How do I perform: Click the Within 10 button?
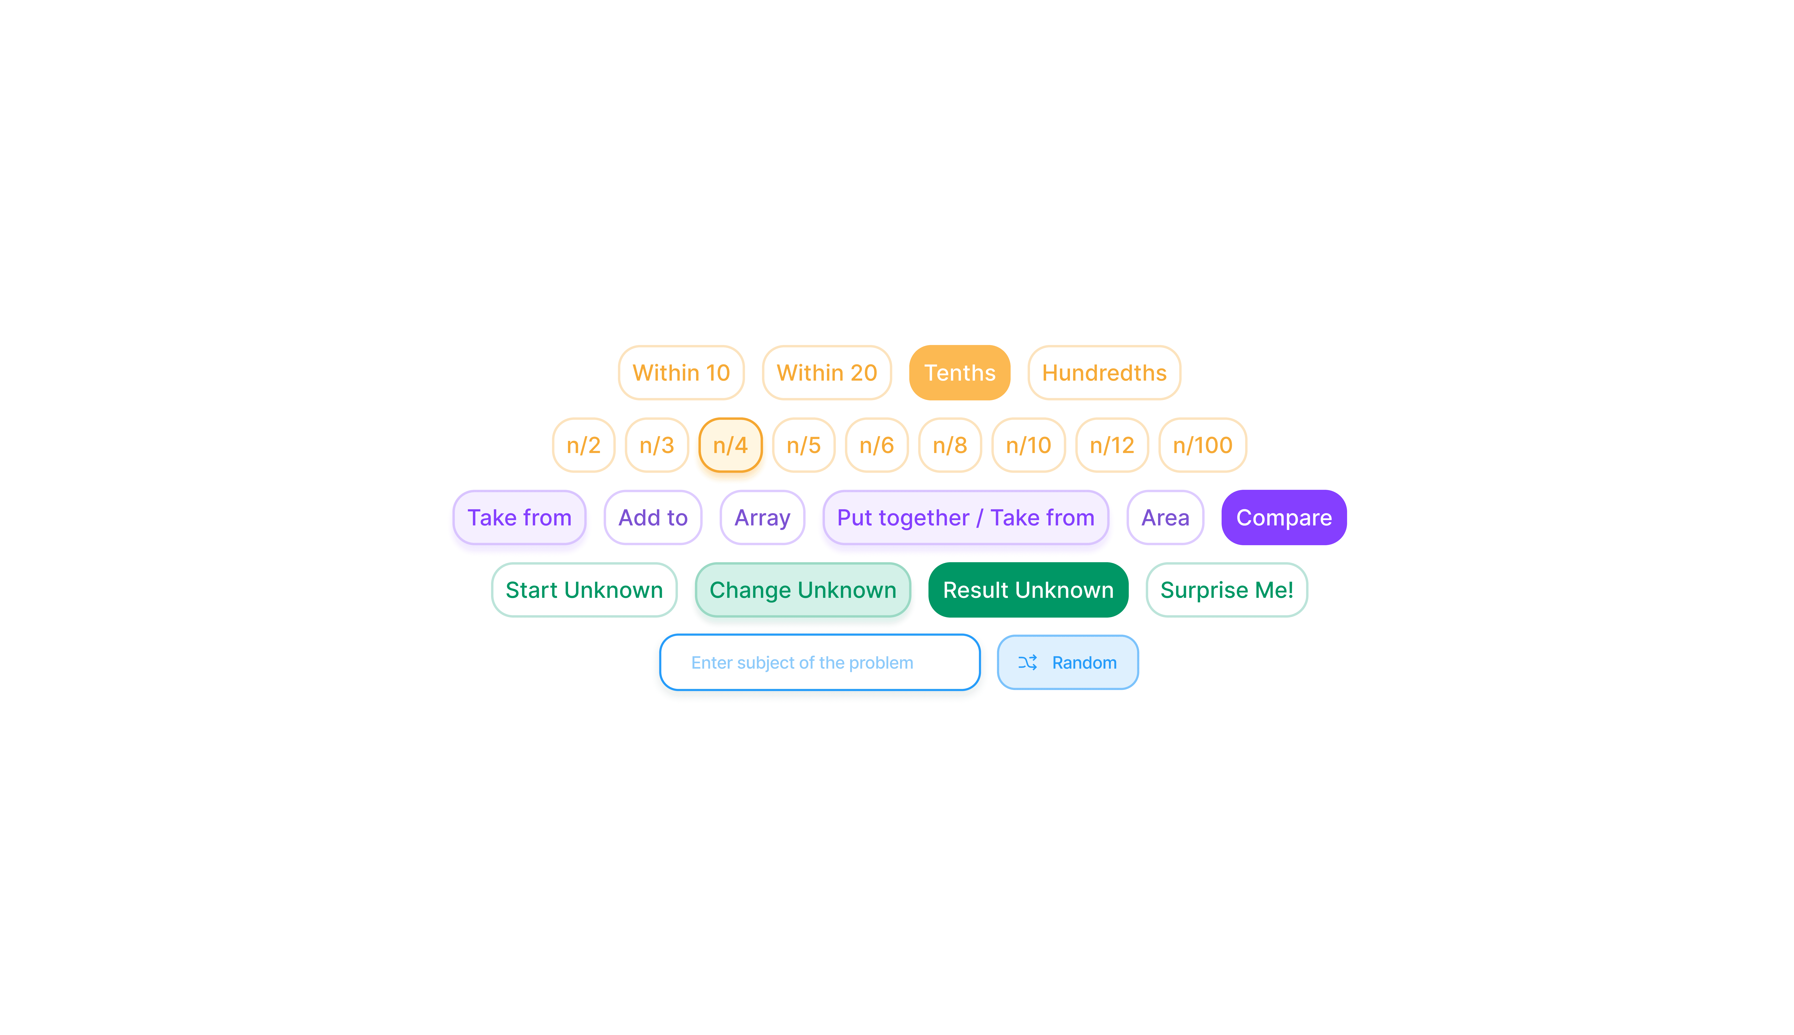pyautogui.click(x=680, y=372)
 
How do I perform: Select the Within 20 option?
pyautogui.click(x=826, y=372)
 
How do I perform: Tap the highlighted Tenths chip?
pyautogui.click(x=959, y=372)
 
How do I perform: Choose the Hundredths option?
pyautogui.click(x=1104, y=372)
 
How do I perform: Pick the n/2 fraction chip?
pyautogui.click(x=583, y=445)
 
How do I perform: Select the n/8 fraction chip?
pyautogui.click(x=949, y=445)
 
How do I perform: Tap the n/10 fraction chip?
pyautogui.click(x=1028, y=445)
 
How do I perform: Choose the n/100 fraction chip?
pyautogui.click(x=1202, y=445)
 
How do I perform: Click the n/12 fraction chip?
pyautogui.click(x=1111, y=445)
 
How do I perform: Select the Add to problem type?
pyautogui.click(x=653, y=517)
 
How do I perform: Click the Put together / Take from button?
pyautogui.click(x=965, y=517)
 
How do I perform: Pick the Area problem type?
pyautogui.click(x=1165, y=517)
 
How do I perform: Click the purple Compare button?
pyautogui.click(x=1284, y=517)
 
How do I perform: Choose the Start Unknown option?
pyautogui.click(x=584, y=590)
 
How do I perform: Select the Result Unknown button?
pyautogui.click(x=1027, y=590)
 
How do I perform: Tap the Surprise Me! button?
pyautogui.click(x=1226, y=590)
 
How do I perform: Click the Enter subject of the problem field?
pyautogui.click(x=819, y=663)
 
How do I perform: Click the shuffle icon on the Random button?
pyautogui.click(x=1027, y=663)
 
